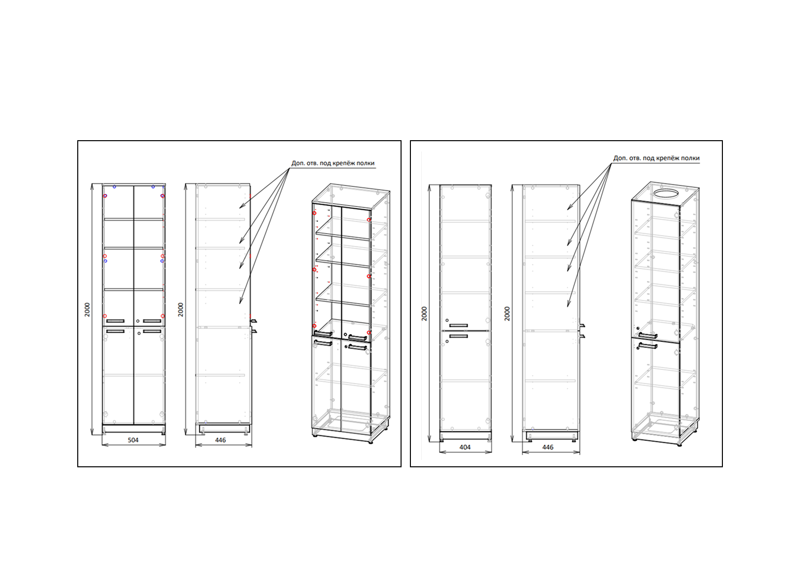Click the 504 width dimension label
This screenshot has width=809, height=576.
point(133,440)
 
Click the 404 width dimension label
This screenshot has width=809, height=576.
point(465,447)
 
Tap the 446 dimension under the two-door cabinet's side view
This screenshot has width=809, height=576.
point(220,440)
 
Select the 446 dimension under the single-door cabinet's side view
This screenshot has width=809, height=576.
point(548,447)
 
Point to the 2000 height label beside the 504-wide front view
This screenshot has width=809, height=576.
point(88,310)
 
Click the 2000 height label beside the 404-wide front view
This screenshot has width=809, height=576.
point(424,314)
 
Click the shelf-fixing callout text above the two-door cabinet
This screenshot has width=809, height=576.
point(333,163)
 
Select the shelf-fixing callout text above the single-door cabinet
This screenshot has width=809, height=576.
point(656,158)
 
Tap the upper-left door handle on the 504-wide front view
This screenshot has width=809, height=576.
point(115,321)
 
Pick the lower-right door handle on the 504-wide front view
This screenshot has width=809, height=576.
point(152,332)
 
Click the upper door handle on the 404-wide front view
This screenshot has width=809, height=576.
point(459,326)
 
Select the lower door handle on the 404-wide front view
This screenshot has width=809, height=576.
point(459,336)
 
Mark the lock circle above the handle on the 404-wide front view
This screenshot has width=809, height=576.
point(447,320)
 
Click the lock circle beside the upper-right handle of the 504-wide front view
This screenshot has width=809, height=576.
point(138,321)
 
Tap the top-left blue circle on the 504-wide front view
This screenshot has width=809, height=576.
point(115,186)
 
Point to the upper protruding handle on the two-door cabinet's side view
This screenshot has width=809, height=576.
point(253,321)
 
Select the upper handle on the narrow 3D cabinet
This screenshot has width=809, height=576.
point(648,335)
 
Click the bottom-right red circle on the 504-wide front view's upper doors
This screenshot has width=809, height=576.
point(162,316)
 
